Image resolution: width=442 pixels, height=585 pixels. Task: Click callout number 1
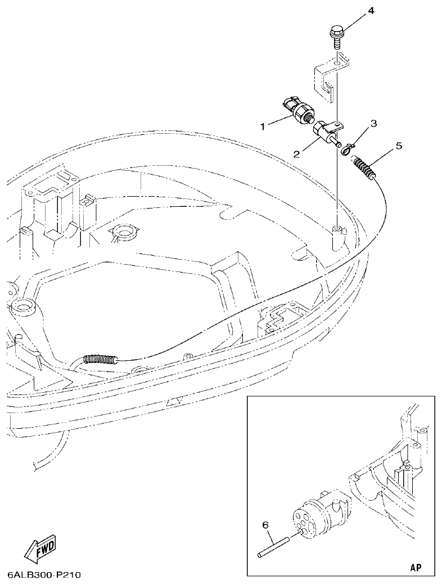[x=262, y=127]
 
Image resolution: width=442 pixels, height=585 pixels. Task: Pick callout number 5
[x=399, y=146]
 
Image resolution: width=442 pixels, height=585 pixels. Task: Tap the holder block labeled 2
[x=326, y=133]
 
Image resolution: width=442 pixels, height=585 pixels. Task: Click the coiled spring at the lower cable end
[x=100, y=358]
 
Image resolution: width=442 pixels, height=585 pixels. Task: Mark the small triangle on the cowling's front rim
[x=174, y=402]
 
